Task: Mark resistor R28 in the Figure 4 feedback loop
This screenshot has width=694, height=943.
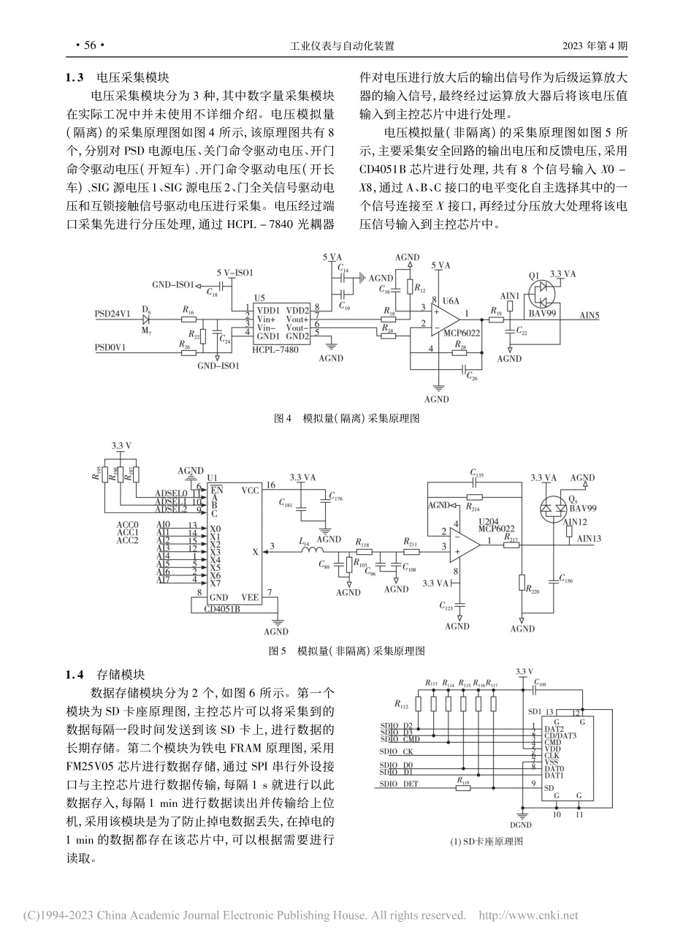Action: (x=460, y=352)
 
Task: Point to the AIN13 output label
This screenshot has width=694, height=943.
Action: (x=589, y=538)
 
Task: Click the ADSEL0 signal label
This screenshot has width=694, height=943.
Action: (x=171, y=493)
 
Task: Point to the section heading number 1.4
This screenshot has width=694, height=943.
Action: (x=76, y=674)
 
